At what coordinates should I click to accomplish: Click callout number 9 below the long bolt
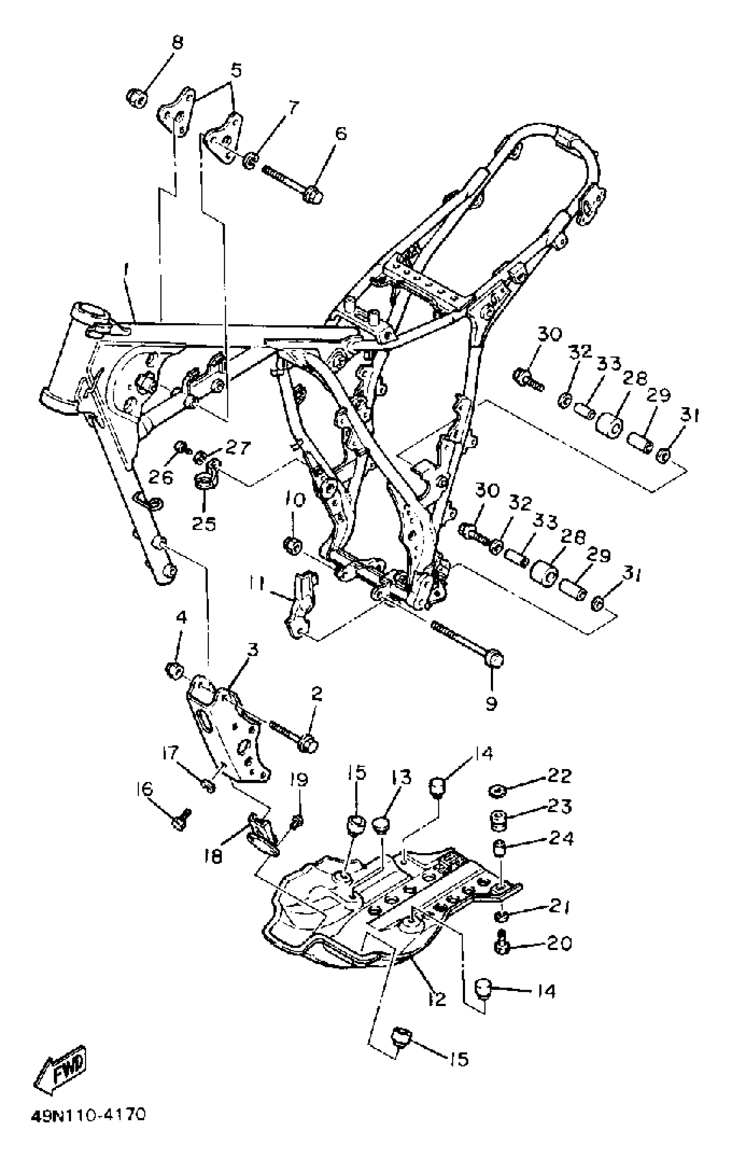(490, 704)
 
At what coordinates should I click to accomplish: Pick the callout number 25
(204, 523)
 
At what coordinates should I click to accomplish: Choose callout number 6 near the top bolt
(340, 133)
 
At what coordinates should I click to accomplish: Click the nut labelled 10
(292, 546)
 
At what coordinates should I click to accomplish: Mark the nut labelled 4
(174, 670)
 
